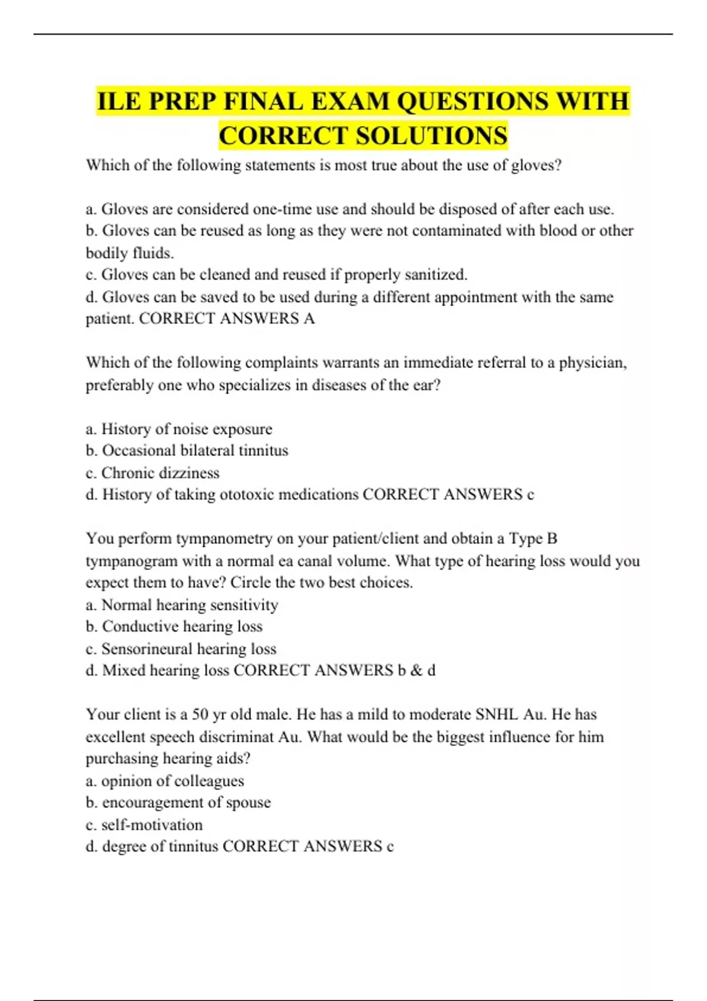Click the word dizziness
184,473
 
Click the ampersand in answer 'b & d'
417,671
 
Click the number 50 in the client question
200,715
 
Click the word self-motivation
152,825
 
